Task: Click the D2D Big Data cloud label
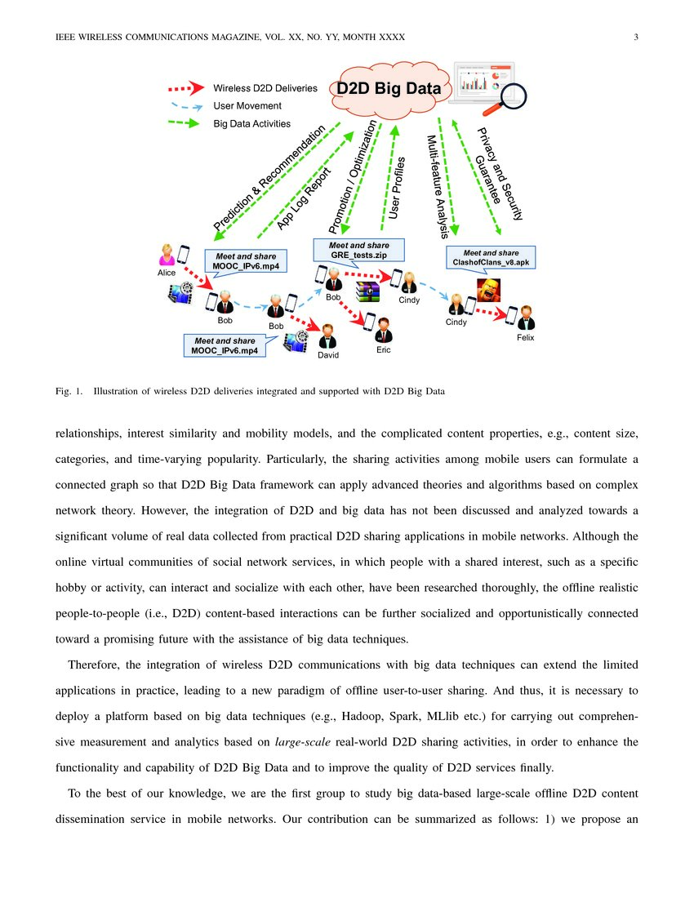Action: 389,89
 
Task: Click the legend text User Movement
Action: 247,106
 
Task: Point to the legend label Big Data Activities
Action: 251,124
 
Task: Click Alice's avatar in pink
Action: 167,255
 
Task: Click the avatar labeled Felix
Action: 526,318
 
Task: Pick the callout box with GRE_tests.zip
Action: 358,250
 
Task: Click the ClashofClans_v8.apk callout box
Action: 491,257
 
